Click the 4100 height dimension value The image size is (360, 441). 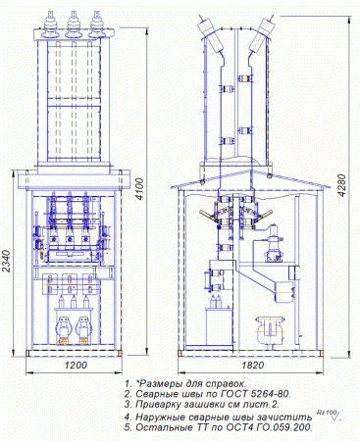(140, 189)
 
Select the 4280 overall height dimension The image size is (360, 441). (342, 185)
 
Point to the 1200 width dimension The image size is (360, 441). (76, 365)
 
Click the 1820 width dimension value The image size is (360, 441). (253, 365)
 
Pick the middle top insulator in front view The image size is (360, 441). (73, 24)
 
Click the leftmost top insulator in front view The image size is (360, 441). (50, 24)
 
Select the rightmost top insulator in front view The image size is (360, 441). (96, 24)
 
